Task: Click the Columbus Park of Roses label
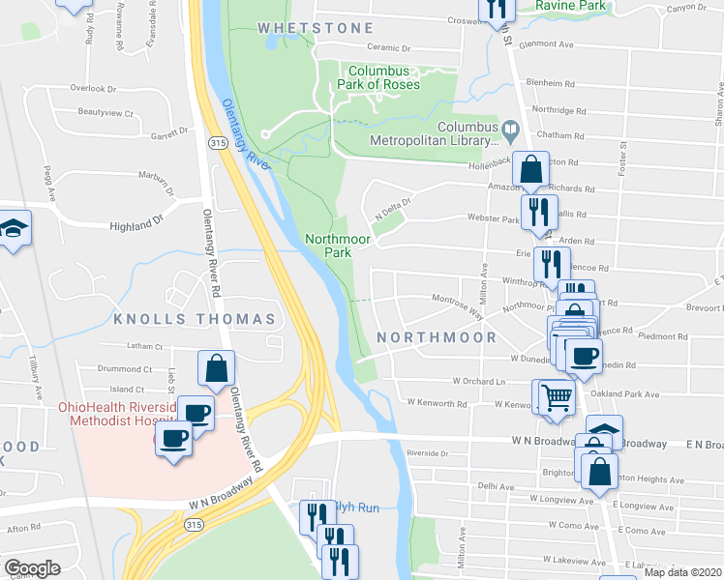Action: (x=383, y=78)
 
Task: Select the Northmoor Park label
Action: (x=327, y=246)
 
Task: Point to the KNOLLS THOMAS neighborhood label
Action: (x=195, y=319)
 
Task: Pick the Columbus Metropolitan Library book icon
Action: (x=510, y=128)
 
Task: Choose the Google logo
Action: (x=33, y=568)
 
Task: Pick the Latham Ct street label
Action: (x=146, y=346)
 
